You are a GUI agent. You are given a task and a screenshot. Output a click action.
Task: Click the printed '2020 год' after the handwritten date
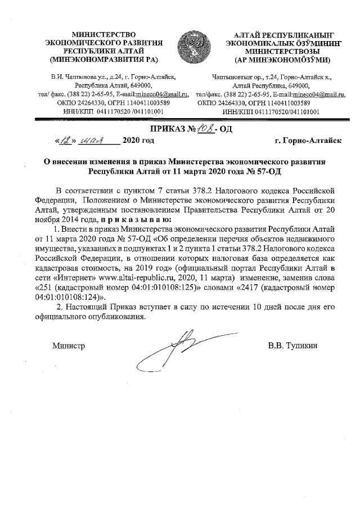point(138,141)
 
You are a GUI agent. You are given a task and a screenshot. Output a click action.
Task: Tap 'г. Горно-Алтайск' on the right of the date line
point(308,141)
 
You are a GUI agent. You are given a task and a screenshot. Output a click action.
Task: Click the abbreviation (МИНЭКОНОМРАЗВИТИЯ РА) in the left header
point(103,59)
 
